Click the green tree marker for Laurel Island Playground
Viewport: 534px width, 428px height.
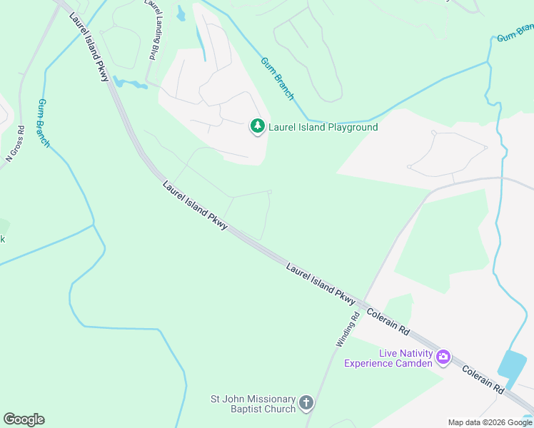point(257,127)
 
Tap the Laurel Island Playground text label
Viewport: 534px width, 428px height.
point(323,128)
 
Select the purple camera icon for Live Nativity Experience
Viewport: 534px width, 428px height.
point(443,356)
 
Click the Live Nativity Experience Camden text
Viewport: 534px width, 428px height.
point(388,358)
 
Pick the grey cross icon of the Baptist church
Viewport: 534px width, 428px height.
point(306,404)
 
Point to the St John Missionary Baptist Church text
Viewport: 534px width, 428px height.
point(253,404)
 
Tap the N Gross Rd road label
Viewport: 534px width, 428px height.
point(16,143)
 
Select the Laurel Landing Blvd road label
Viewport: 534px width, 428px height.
point(151,30)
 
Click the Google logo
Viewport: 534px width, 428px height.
point(24,419)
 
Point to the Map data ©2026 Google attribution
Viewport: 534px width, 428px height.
point(490,422)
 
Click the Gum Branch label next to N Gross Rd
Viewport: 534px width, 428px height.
point(44,123)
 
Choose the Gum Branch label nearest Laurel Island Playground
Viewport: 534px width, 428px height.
point(277,78)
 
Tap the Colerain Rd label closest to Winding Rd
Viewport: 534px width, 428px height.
point(388,322)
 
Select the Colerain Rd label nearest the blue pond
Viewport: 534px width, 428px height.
point(483,380)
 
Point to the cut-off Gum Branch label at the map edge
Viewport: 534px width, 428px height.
point(515,34)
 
